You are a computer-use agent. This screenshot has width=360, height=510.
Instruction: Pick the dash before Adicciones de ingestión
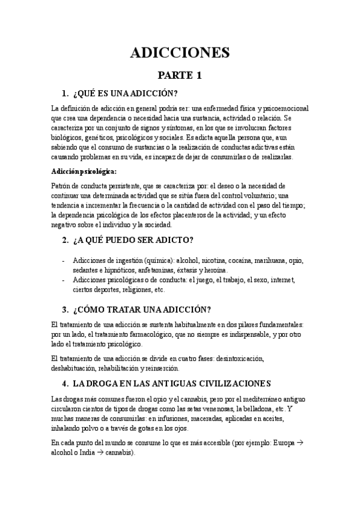64,260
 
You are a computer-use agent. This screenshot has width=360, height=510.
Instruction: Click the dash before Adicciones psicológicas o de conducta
64,280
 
